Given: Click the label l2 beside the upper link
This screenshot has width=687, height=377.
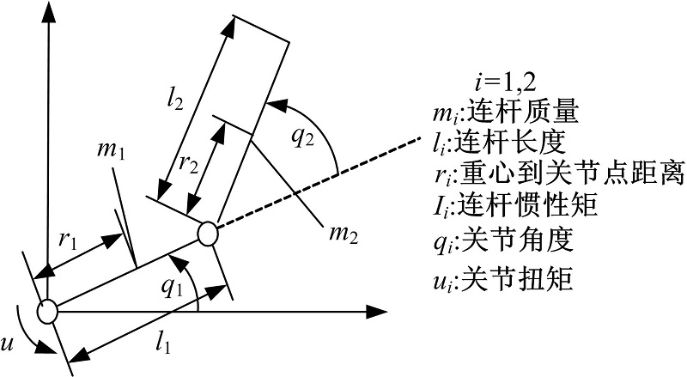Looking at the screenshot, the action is pos(175,101).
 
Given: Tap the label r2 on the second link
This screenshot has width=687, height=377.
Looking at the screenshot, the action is pos(189,164).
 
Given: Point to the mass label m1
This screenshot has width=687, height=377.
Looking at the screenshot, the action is pos(112,151).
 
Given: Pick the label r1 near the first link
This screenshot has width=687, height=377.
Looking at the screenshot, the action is pos(68,240).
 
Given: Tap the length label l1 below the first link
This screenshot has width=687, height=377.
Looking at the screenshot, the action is pos(162,344).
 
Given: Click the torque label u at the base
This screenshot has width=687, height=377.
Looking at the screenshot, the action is pos(8,344).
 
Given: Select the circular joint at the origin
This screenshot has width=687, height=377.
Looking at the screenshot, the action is pos(47,312).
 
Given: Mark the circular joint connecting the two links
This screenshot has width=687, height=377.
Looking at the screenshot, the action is pos(207,234).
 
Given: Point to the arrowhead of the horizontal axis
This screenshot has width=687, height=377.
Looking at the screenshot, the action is pos(376,312).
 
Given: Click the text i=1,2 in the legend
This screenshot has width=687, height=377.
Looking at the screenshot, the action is pos(505,82).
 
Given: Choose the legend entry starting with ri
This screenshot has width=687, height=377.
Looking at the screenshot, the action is pos(558,176).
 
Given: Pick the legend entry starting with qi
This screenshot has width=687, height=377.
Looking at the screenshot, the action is pos(503,241).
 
